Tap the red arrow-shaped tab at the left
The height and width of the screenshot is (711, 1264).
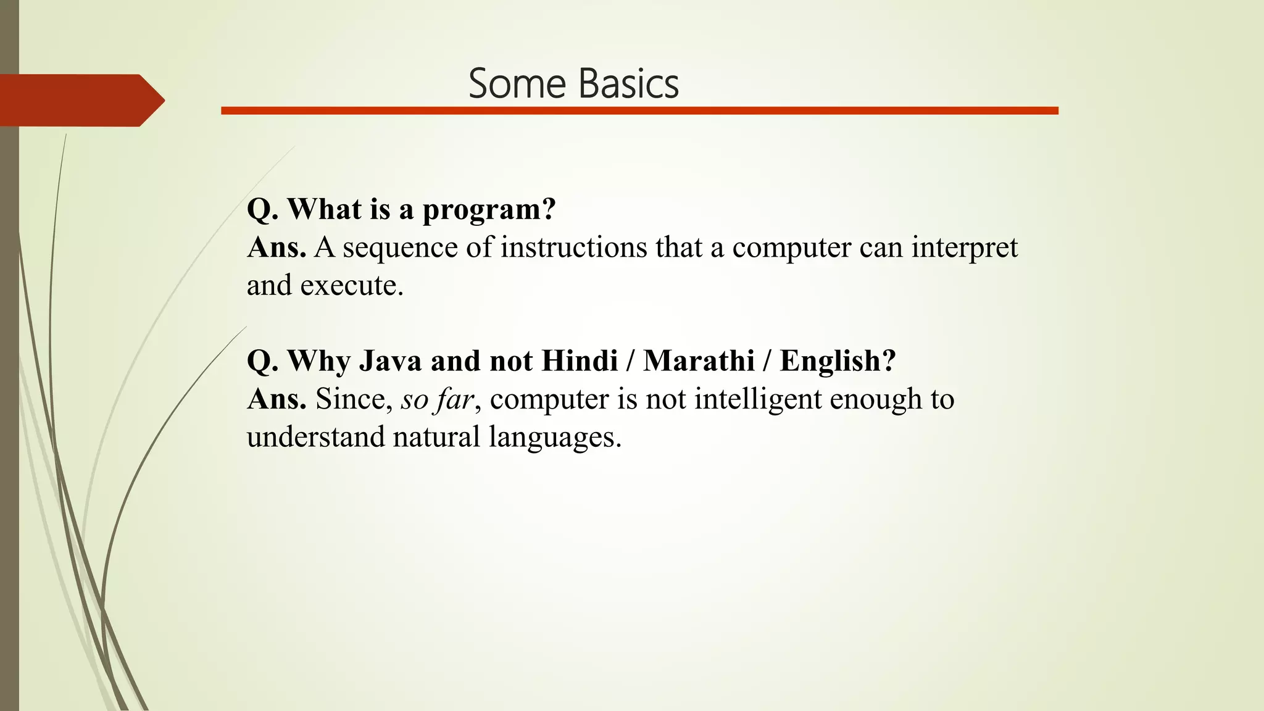[x=80, y=100]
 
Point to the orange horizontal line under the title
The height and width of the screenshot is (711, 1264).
[x=639, y=110]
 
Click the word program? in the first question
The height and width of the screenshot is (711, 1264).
[x=489, y=210]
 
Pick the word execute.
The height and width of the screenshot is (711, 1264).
[x=351, y=286]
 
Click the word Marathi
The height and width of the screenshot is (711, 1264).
[x=699, y=361]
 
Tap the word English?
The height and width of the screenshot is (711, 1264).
[x=838, y=361]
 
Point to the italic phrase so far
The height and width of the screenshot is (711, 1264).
[x=437, y=399]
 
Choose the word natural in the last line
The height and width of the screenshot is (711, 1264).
[x=436, y=437]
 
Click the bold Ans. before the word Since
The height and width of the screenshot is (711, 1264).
[x=276, y=399]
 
